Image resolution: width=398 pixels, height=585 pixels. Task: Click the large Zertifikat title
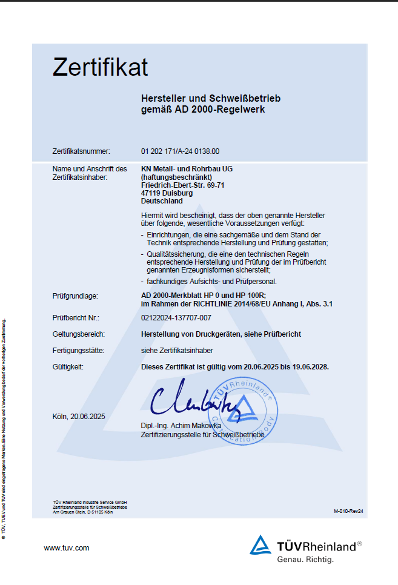tap(100, 67)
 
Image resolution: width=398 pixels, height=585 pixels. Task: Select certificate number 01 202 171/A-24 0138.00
tap(180, 151)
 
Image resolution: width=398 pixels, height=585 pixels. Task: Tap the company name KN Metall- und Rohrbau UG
tap(187, 168)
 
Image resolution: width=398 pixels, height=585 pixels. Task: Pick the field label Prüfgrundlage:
tap(76, 296)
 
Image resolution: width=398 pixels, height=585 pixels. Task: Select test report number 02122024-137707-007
tap(176, 317)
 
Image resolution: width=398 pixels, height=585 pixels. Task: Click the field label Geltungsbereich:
tap(79, 334)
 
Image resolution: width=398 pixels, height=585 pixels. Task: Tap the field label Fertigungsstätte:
tap(79, 350)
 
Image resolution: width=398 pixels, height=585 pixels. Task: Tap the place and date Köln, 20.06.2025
tap(79, 416)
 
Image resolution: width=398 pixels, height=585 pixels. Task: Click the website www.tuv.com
tap(67, 548)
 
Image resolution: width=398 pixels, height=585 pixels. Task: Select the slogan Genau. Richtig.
tap(305, 560)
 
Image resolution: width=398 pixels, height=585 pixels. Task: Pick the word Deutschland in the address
tap(162, 201)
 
